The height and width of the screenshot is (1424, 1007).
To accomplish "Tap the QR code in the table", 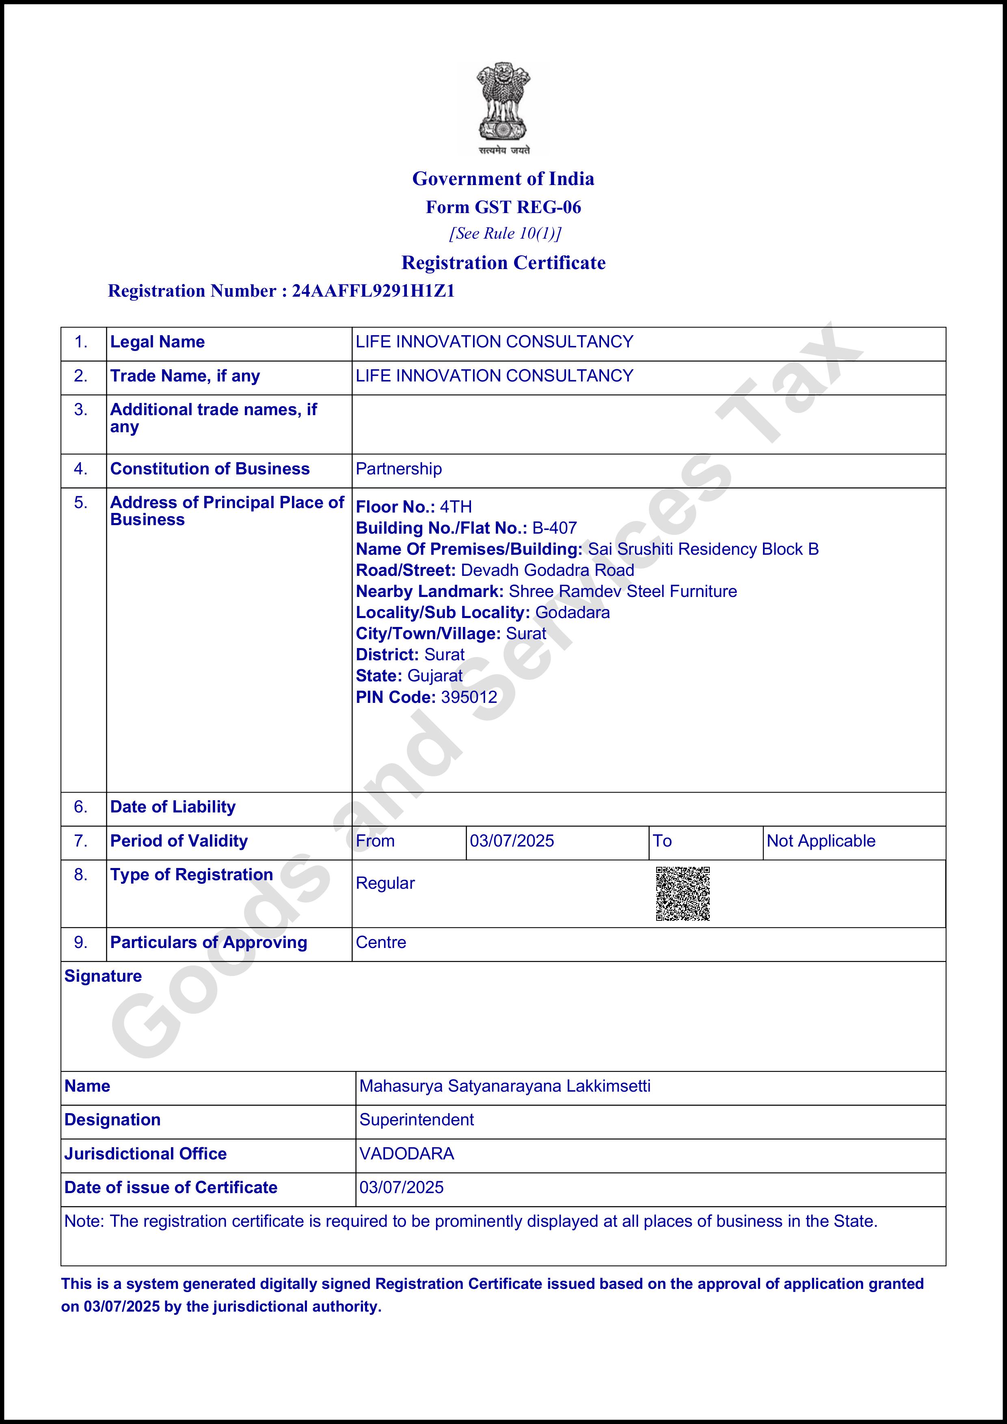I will click(x=683, y=894).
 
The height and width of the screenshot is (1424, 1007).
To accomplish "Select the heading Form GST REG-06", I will click(x=503, y=207).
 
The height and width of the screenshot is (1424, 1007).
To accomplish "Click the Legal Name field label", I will click(x=157, y=342).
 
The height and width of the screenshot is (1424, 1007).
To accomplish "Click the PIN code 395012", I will click(x=469, y=697).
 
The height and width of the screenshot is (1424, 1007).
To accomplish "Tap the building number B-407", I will click(x=555, y=528).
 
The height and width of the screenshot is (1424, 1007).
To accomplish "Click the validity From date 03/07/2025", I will click(x=512, y=841).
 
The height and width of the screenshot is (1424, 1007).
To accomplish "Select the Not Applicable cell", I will click(x=821, y=841).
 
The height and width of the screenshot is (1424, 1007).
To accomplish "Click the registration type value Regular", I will click(x=385, y=883).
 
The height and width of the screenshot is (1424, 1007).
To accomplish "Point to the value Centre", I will click(x=381, y=942).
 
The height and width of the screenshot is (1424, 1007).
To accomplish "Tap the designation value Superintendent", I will click(x=416, y=1120).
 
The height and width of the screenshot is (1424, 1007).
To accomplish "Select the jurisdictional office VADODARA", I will click(x=406, y=1154).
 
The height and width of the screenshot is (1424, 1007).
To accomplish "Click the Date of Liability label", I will click(x=173, y=807).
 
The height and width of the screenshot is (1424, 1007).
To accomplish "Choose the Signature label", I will click(x=103, y=976).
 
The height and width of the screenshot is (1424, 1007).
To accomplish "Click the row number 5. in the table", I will click(x=81, y=502).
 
